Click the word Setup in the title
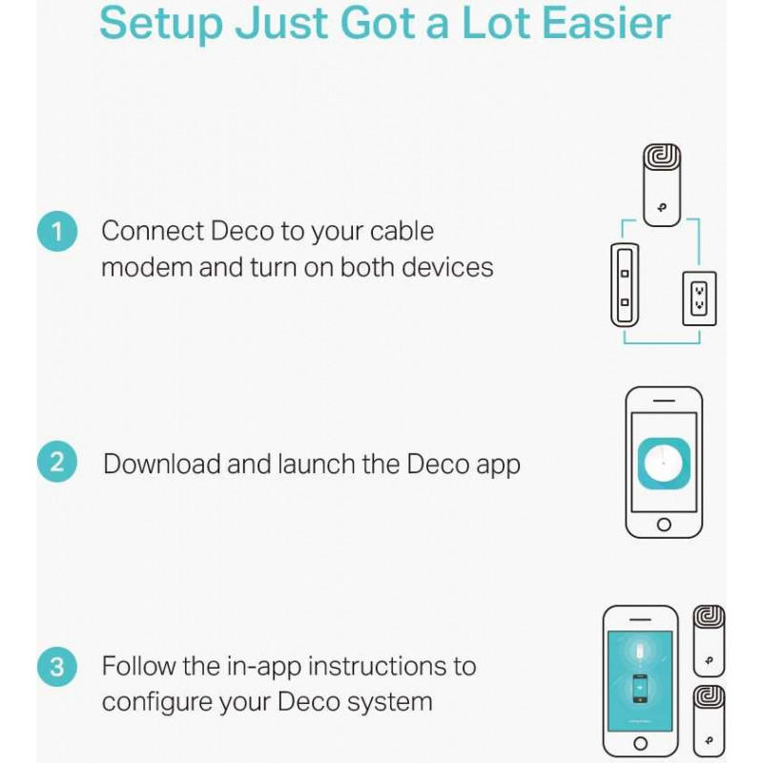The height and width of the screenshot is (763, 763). coord(161,23)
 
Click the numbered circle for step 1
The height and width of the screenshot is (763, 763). coord(57,231)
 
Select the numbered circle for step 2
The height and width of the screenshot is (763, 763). coord(57,462)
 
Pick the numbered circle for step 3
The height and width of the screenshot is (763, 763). coord(57,667)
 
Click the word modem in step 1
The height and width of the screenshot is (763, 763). coord(146,268)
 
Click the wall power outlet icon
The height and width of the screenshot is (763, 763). coord(699,299)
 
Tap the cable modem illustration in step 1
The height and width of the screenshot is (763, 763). coord(625,285)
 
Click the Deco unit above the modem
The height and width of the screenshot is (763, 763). coord(662,185)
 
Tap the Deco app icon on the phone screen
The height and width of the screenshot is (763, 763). coord(664,464)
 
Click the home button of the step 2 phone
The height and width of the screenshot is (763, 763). coord(664,524)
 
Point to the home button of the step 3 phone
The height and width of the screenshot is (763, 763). coord(640,743)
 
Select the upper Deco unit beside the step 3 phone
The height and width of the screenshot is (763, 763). coord(709,641)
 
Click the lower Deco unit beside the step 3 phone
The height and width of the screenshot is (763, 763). coord(709,721)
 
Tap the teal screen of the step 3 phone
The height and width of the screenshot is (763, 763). coord(640,681)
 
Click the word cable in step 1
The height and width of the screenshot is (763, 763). coord(402,231)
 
